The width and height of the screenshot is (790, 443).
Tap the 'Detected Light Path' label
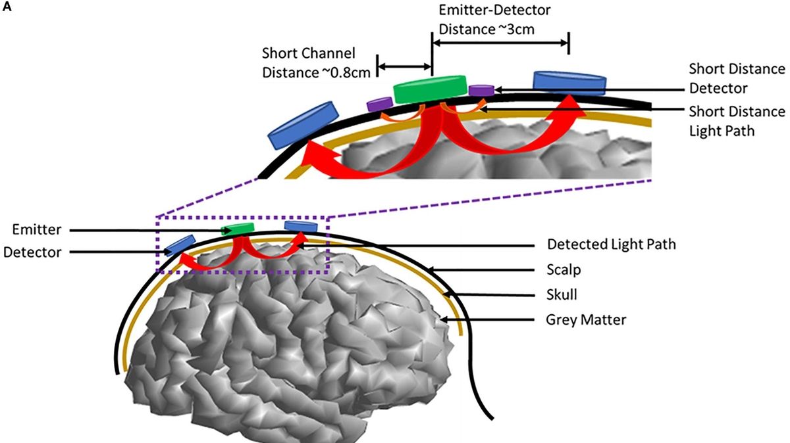click(x=612, y=245)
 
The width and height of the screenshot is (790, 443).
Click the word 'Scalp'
click(x=562, y=269)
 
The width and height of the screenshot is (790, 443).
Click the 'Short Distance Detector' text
click(x=736, y=78)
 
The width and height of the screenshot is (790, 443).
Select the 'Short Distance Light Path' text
click(x=736, y=121)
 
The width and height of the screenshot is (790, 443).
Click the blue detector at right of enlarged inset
click(x=569, y=81)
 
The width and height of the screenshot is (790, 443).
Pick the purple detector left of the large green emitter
click(x=379, y=103)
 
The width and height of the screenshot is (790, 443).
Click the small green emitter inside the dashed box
click(x=238, y=228)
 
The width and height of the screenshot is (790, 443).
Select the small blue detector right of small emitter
click(x=301, y=227)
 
